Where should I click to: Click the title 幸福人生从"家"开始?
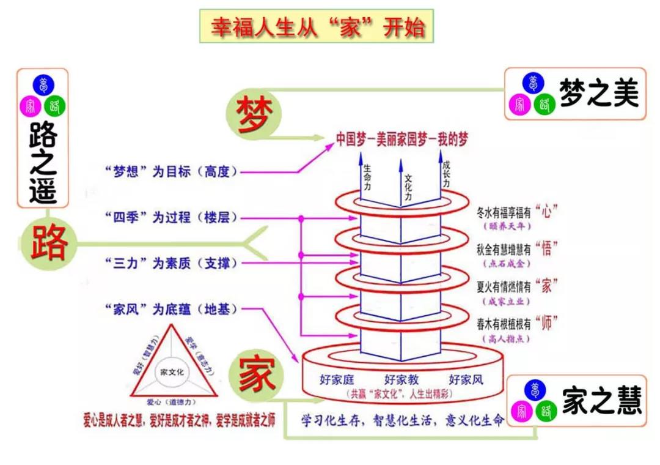click(317, 27)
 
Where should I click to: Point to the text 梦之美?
click(598, 94)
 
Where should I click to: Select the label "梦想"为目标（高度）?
click(170, 171)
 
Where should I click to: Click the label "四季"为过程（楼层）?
click(170, 217)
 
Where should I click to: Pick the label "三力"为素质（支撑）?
click(170, 263)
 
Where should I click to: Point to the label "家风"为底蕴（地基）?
click(170, 310)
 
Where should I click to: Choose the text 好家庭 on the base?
click(337, 379)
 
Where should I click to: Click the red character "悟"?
click(546, 248)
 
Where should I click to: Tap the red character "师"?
click(546, 322)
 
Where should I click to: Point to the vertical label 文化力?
click(408, 190)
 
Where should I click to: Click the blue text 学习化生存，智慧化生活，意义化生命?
click(403, 421)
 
